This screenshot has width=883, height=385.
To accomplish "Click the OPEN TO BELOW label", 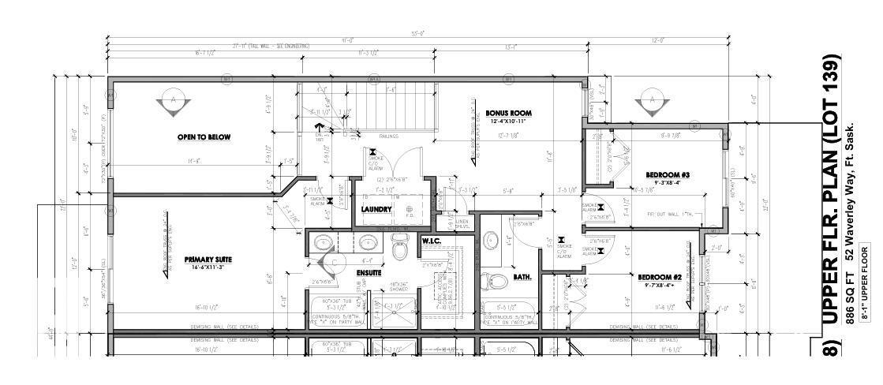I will (204, 137).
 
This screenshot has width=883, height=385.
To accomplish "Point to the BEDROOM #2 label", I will (660, 278).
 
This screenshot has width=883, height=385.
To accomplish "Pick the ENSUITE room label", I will (369, 273).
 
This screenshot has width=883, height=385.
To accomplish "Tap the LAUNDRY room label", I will (377, 209).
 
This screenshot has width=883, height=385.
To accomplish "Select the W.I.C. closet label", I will (431, 241).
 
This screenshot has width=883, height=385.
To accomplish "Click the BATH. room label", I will (522, 277).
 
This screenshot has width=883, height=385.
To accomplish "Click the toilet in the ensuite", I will (399, 251).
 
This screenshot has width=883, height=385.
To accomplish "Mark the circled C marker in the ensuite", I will (335, 260).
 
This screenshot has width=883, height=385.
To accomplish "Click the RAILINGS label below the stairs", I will (388, 136).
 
